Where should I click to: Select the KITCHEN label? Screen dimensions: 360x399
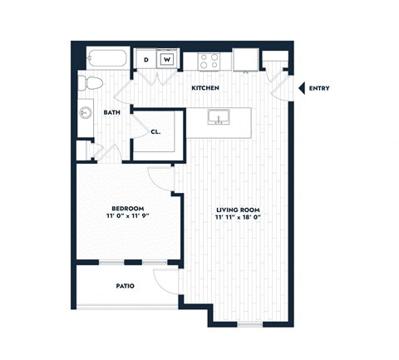pyautogui.click(x=204, y=87)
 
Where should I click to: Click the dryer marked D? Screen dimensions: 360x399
pyautogui.click(x=146, y=60)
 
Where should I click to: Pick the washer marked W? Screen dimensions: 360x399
pyautogui.click(x=167, y=60)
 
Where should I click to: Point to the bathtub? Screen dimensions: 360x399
pyautogui.click(x=105, y=60)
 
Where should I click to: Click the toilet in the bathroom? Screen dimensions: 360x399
pyautogui.click(x=89, y=82)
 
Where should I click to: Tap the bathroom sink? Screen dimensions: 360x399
pyautogui.click(x=85, y=112)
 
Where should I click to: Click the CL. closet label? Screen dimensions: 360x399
pyautogui.click(x=155, y=131)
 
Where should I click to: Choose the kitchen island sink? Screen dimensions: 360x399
pyautogui.click(x=218, y=116)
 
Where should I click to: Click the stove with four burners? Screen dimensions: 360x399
pyautogui.click(x=207, y=61)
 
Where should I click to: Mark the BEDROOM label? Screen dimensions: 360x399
pyautogui.click(x=129, y=208)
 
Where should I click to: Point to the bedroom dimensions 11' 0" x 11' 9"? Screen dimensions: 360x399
pyautogui.click(x=129, y=218)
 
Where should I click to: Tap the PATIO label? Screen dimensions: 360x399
pyautogui.click(x=126, y=286)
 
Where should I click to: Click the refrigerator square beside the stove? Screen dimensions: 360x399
pyautogui.click(x=244, y=61)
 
